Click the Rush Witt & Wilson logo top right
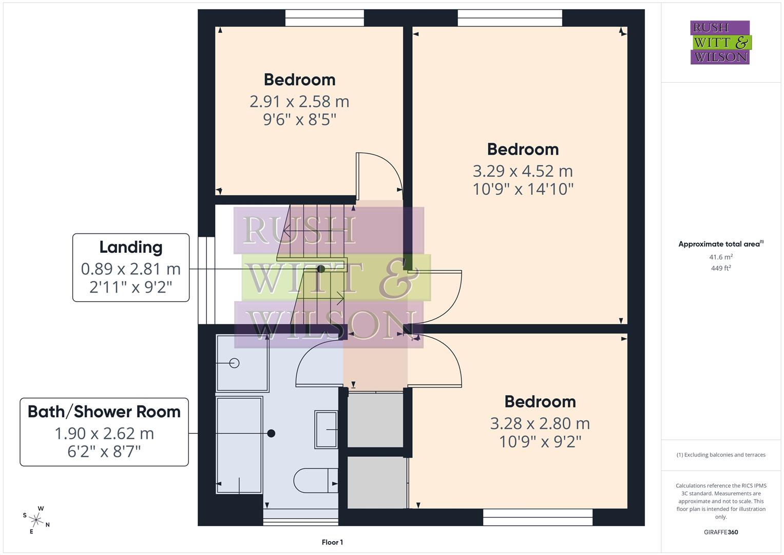720,42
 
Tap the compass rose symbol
36,520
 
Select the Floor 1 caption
332,542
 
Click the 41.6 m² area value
720,257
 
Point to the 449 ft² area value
720,268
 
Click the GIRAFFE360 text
720,532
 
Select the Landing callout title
130,247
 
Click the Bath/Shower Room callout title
104,412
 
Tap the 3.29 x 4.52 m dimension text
522,171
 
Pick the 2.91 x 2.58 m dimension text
299,101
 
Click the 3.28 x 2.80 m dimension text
540,423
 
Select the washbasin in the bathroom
326,429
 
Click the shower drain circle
235,363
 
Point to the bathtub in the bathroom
239,445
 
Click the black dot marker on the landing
321,269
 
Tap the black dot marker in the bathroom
271,433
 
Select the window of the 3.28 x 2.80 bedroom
538,517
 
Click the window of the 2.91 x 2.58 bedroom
324,18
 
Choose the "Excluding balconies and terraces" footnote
720,455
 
